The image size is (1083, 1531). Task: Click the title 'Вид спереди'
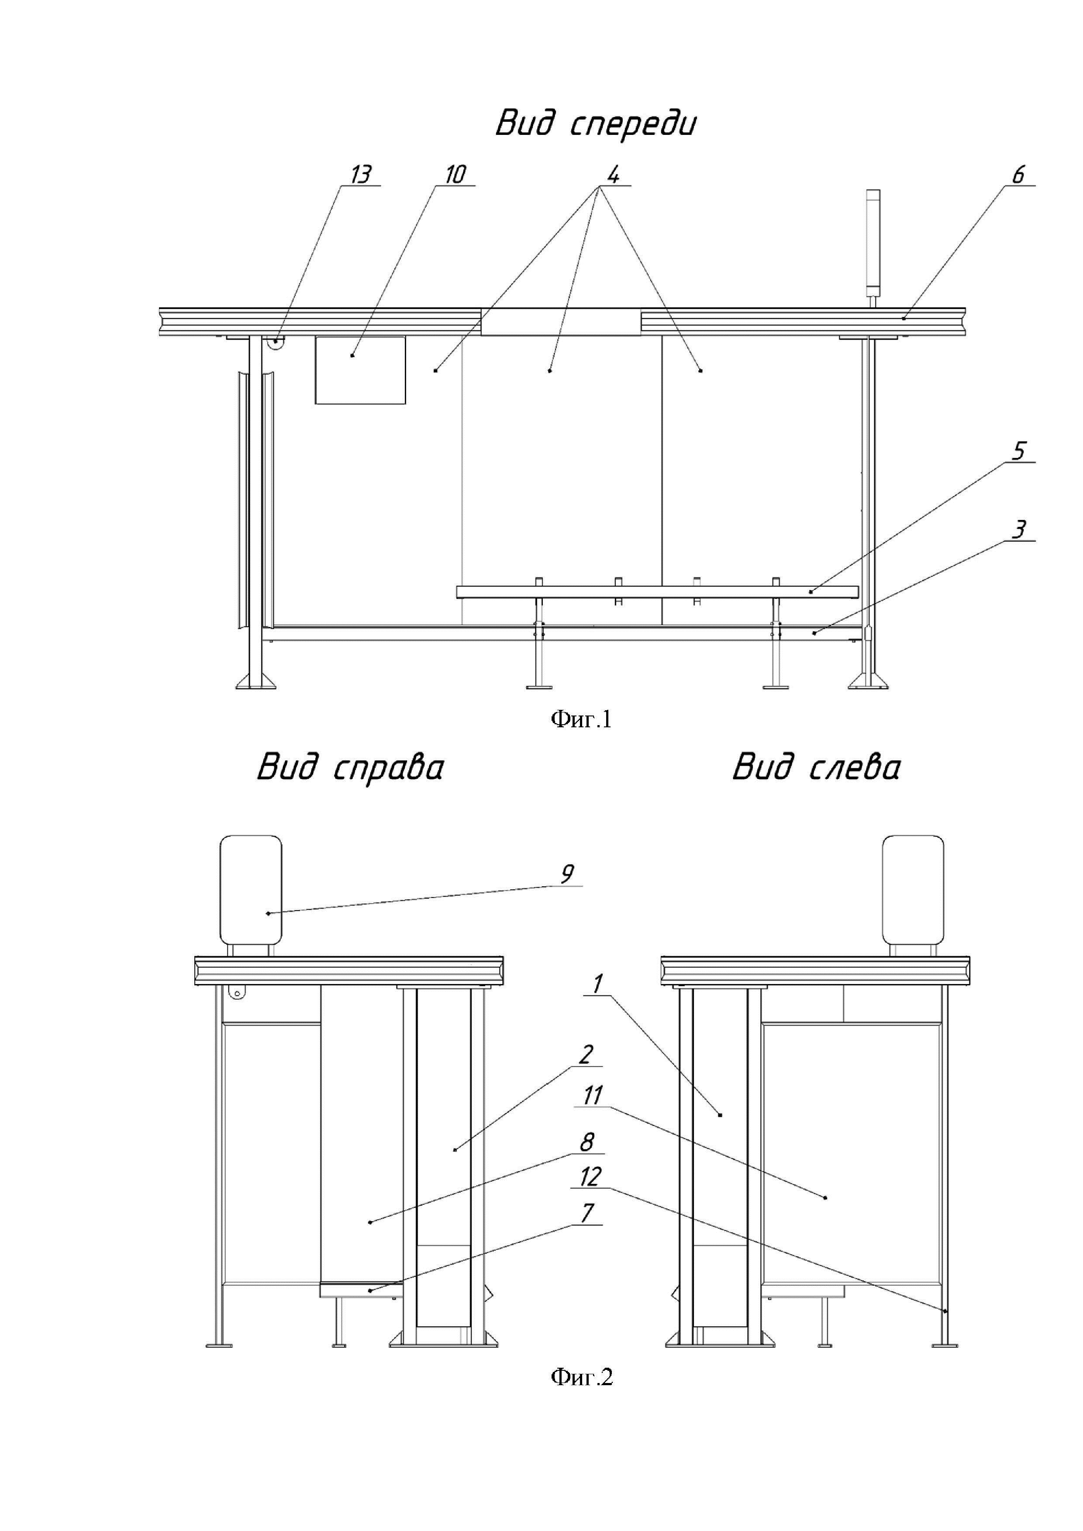pos(596,124)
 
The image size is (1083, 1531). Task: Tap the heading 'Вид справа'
pos(351,767)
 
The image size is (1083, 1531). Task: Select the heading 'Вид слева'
pos(816,767)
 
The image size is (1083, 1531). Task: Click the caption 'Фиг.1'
pos(581,719)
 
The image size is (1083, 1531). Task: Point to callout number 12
pos(590,1177)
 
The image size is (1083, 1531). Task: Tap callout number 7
pos(587,1213)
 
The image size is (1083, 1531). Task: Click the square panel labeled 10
pos(360,370)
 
